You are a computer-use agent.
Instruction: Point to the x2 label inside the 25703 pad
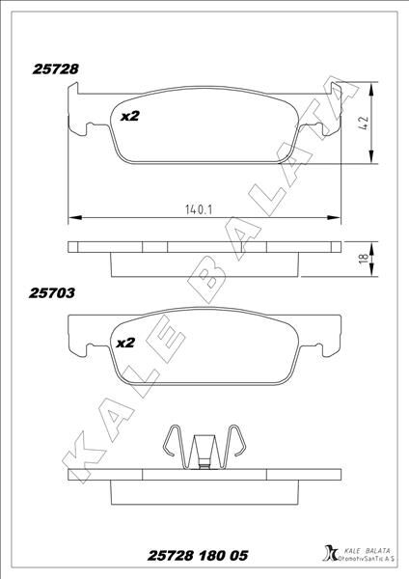(x=125, y=342)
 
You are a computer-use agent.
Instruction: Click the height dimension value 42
(x=366, y=124)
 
